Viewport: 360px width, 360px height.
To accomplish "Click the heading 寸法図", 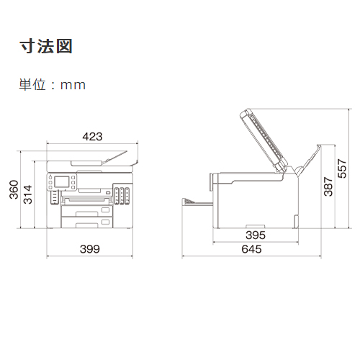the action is coord(46,46).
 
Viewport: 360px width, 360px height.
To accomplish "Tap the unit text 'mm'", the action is coord(73,86).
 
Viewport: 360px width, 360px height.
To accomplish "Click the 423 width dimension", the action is coord(92,137).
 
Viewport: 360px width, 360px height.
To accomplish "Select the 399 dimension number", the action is coord(90,249).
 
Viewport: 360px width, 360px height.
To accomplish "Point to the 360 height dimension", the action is coord(14,189).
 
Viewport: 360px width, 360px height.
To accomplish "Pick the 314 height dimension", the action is coord(27,194).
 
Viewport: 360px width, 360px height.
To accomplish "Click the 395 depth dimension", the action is coord(256,235).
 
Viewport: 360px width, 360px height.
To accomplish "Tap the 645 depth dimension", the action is coord(251,249).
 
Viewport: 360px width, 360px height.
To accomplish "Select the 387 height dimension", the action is coord(328,186).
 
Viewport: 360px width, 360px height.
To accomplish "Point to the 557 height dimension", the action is coord(342,168).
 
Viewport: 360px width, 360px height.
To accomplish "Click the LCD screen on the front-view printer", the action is coord(62,181).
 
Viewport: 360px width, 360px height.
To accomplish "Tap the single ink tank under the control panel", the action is coord(55,197).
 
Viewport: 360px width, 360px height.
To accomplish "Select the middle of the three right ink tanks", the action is coord(122,196).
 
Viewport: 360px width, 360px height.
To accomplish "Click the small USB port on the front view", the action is coord(109,192).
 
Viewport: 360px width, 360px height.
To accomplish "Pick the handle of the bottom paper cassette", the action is coord(87,225).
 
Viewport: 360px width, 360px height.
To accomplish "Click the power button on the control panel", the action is coord(50,178).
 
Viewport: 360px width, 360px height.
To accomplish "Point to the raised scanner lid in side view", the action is coord(264,140).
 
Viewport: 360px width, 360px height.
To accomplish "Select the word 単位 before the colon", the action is coord(32,85).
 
